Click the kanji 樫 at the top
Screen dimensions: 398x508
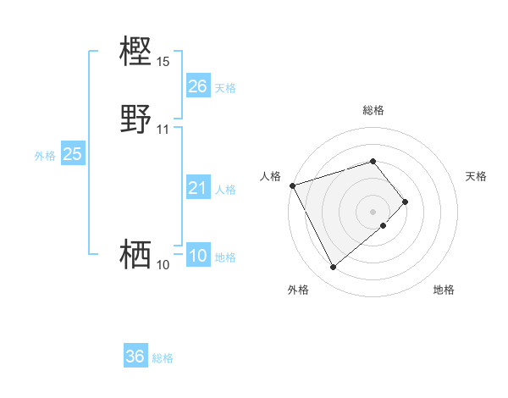point(136,53)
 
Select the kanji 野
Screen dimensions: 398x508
point(136,119)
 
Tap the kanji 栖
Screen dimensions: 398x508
point(136,254)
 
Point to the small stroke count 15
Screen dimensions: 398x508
point(163,62)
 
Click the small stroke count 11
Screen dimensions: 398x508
point(163,130)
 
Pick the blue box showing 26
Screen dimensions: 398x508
point(198,86)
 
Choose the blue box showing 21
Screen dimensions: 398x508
point(198,188)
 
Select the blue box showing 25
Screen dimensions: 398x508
point(73,154)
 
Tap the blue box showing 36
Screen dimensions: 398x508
point(135,357)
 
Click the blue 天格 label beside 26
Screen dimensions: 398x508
point(225,88)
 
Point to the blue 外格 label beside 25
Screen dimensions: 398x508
point(45,156)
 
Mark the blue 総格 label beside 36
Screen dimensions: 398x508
point(163,358)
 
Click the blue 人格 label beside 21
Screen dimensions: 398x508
point(225,190)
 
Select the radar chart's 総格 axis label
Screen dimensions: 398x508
point(373,110)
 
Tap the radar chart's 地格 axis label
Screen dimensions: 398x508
point(444,290)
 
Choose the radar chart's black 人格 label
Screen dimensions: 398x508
point(270,176)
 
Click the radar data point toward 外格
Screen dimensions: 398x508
point(333,268)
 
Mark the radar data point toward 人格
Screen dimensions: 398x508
point(292,185)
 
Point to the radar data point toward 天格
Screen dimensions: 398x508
point(406,202)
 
